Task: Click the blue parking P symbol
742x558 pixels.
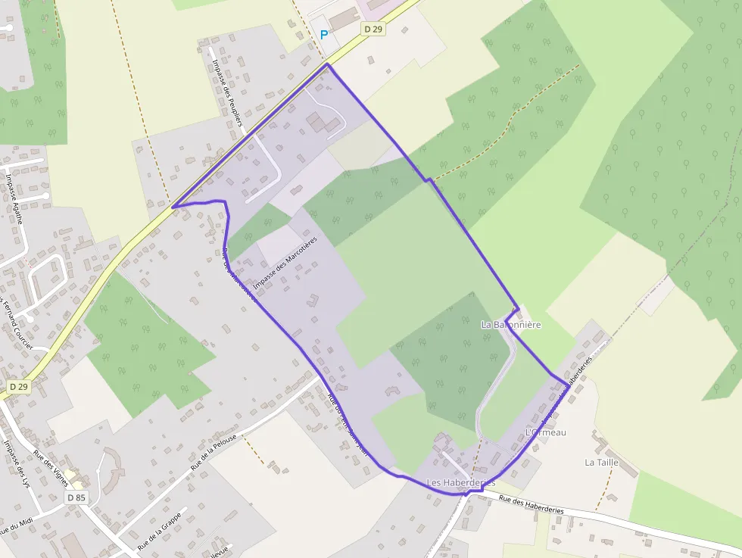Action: point(324,34)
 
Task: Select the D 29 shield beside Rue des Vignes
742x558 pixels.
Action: point(19,386)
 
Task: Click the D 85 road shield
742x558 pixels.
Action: point(76,497)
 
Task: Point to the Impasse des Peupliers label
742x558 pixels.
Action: point(227,92)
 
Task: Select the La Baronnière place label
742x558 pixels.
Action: point(511,325)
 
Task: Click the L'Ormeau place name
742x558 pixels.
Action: point(545,432)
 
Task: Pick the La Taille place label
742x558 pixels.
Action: point(602,462)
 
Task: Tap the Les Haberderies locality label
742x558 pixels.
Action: point(460,482)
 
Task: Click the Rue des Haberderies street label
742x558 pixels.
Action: point(532,505)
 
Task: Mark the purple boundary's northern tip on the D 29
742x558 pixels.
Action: point(328,64)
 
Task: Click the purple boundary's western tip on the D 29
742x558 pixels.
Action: point(173,207)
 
